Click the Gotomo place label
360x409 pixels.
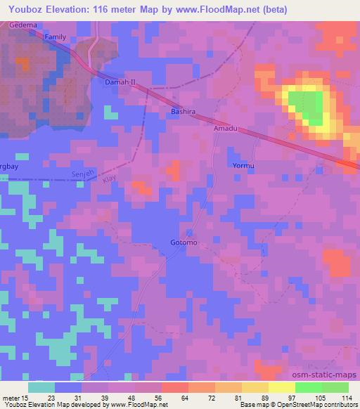tap(184, 243)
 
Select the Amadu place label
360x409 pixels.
tap(226, 129)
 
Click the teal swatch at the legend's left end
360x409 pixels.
tap(41, 387)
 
